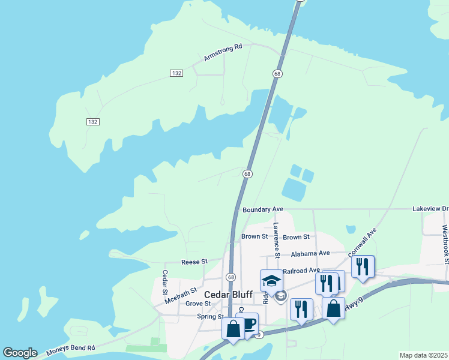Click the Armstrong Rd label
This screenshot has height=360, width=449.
223,52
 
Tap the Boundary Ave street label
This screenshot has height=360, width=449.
262,209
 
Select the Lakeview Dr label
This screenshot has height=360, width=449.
430,209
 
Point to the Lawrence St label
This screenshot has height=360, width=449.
276,241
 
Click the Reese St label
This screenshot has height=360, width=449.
194,262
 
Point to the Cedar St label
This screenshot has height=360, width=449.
165,283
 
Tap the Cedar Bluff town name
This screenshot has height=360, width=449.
228,295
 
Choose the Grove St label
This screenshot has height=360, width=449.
197,304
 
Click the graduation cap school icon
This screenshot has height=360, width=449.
271,280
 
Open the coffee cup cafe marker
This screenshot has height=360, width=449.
249,325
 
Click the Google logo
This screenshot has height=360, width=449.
20,353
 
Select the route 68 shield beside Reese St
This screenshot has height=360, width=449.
231,277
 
